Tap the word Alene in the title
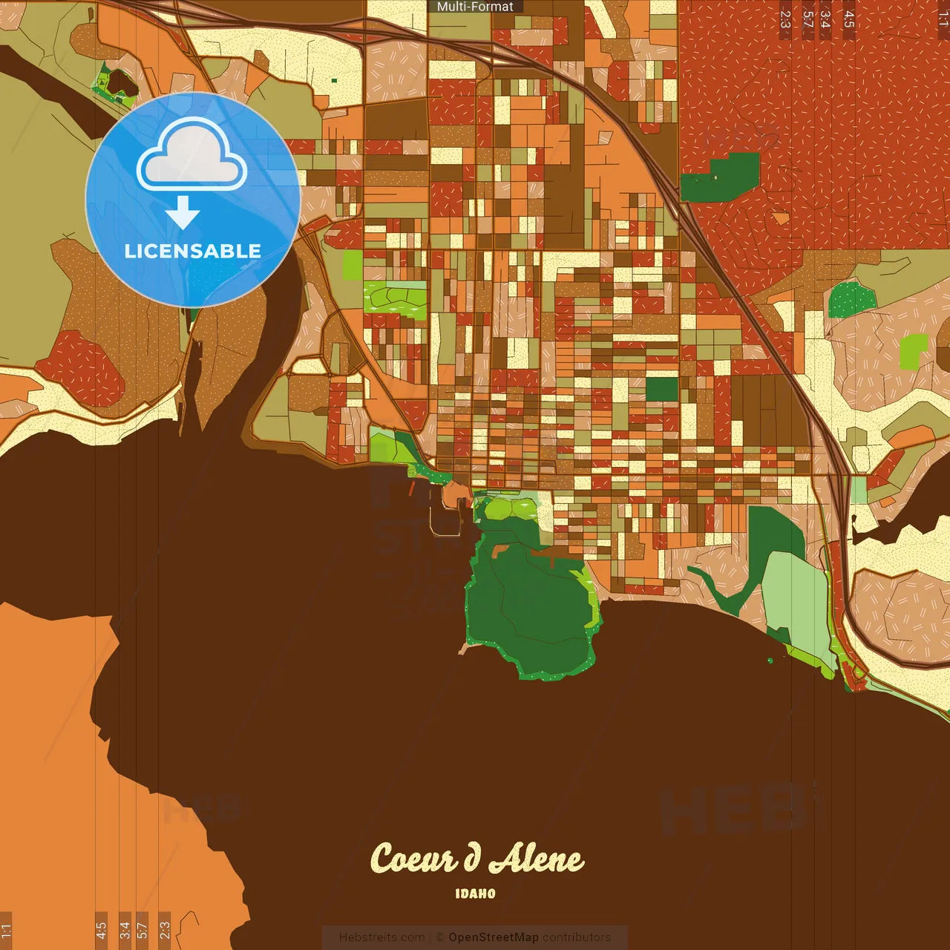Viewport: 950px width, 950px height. tap(536, 859)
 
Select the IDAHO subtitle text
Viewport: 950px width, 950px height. tap(475, 894)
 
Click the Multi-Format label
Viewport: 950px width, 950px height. tap(475, 7)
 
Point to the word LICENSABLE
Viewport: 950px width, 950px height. tap(193, 251)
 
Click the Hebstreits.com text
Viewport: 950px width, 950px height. tap(381, 937)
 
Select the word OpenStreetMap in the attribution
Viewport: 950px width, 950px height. tap(493, 937)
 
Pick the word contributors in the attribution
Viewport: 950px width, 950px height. tap(577, 937)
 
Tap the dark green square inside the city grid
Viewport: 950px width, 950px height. tap(661, 389)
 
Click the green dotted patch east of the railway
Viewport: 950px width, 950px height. tap(851, 299)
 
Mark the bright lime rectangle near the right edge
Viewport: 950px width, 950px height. tap(914, 351)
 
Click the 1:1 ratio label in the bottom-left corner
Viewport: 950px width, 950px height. tap(7, 930)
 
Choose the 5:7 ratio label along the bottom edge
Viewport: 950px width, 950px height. tap(142, 930)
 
